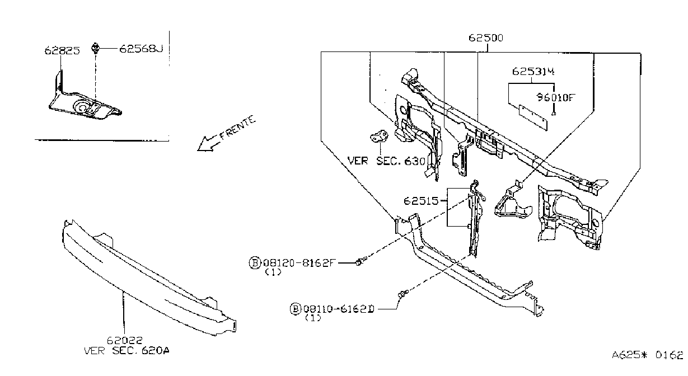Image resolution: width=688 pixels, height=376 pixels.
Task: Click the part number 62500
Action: (485, 37)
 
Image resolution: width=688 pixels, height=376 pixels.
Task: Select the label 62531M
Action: (533, 71)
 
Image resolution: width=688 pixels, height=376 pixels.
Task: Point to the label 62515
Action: (421, 201)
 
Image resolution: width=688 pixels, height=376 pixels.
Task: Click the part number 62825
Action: (62, 50)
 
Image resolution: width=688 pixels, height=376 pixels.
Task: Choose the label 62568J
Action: (141, 49)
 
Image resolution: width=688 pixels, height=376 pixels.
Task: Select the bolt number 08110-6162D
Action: (339, 309)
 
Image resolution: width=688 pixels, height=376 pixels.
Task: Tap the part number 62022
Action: (125, 340)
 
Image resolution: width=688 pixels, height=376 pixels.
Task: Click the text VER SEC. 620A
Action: (127, 350)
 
